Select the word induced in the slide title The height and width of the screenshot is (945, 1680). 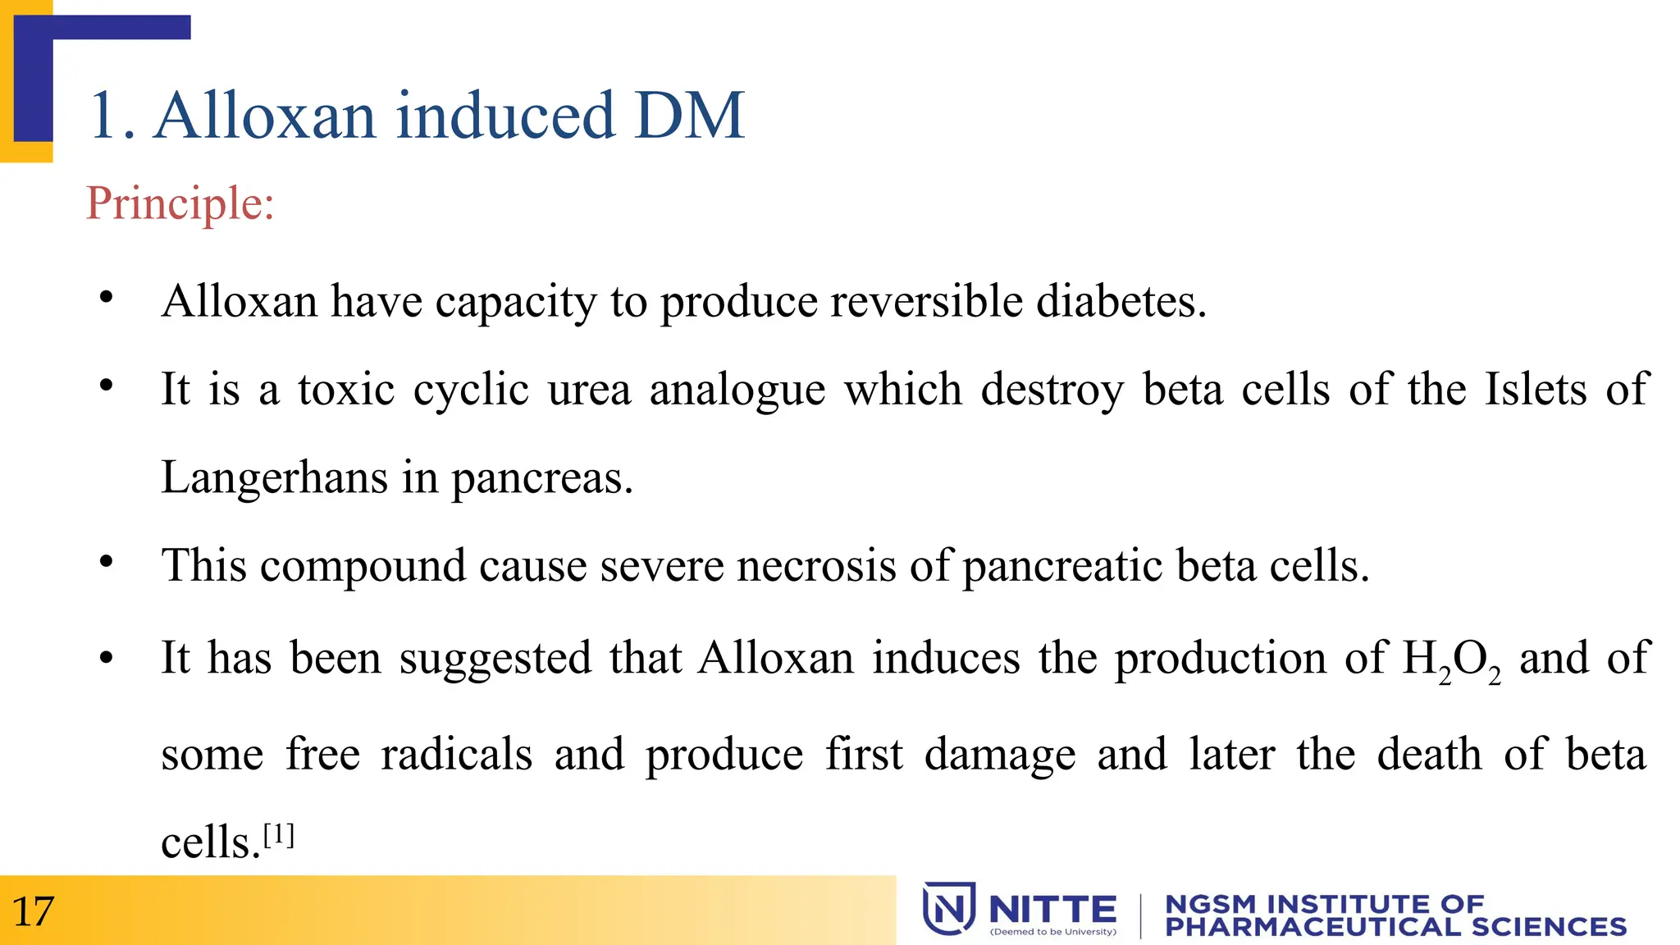(x=505, y=116)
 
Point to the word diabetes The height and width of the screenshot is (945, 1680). (x=1121, y=301)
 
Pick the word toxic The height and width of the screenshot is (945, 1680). (x=345, y=389)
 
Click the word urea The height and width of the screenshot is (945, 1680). (x=589, y=390)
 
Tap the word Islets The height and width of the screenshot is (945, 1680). (x=1536, y=389)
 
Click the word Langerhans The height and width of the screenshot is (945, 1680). (x=274, y=478)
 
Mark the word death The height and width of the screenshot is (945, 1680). (x=1429, y=754)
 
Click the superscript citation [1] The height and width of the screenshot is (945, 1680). (x=278, y=836)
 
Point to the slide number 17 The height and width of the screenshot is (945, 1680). (x=33, y=911)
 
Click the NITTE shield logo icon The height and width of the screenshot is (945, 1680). (x=948, y=908)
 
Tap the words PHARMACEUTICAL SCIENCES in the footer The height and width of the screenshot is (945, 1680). (x=1395, y=927)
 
